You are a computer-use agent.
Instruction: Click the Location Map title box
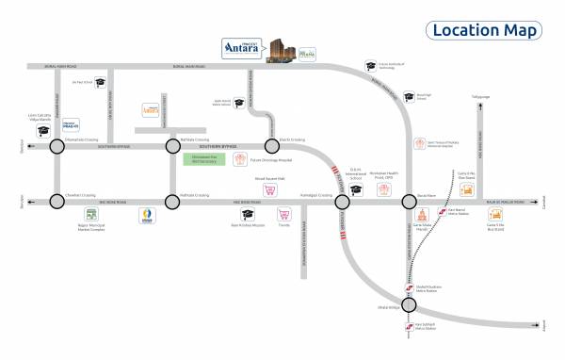[484, 30]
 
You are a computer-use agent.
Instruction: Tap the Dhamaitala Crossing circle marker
[57, 146]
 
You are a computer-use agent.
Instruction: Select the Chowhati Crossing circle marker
[57, 201]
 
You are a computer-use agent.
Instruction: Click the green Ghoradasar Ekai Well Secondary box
[204, 157]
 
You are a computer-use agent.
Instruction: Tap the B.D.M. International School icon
[356, 189]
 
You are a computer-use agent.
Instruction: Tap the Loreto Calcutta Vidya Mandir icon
[41, 133]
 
